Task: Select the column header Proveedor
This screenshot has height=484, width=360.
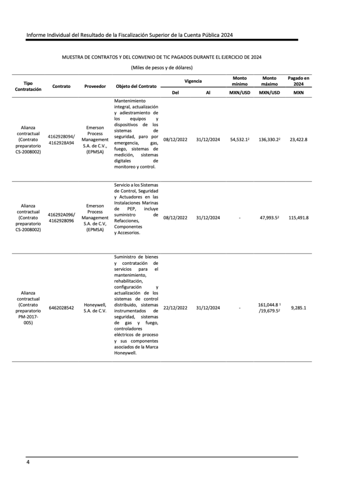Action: (95, 86)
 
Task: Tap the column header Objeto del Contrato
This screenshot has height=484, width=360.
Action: (136, 86)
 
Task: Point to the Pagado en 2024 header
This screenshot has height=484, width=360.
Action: (299, 80)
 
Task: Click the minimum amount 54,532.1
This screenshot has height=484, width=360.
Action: (239, 140)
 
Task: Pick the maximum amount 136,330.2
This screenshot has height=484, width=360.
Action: (269, 140)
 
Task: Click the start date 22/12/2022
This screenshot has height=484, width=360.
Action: (175, 308)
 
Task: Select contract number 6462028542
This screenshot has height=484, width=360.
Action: (61, 308)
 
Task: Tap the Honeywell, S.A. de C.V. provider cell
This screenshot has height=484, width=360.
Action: (95, 308)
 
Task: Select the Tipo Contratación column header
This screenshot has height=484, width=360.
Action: (28, 86)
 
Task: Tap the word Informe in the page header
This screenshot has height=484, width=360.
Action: (36, 35)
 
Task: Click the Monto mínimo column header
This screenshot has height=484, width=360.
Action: (239, 80)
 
